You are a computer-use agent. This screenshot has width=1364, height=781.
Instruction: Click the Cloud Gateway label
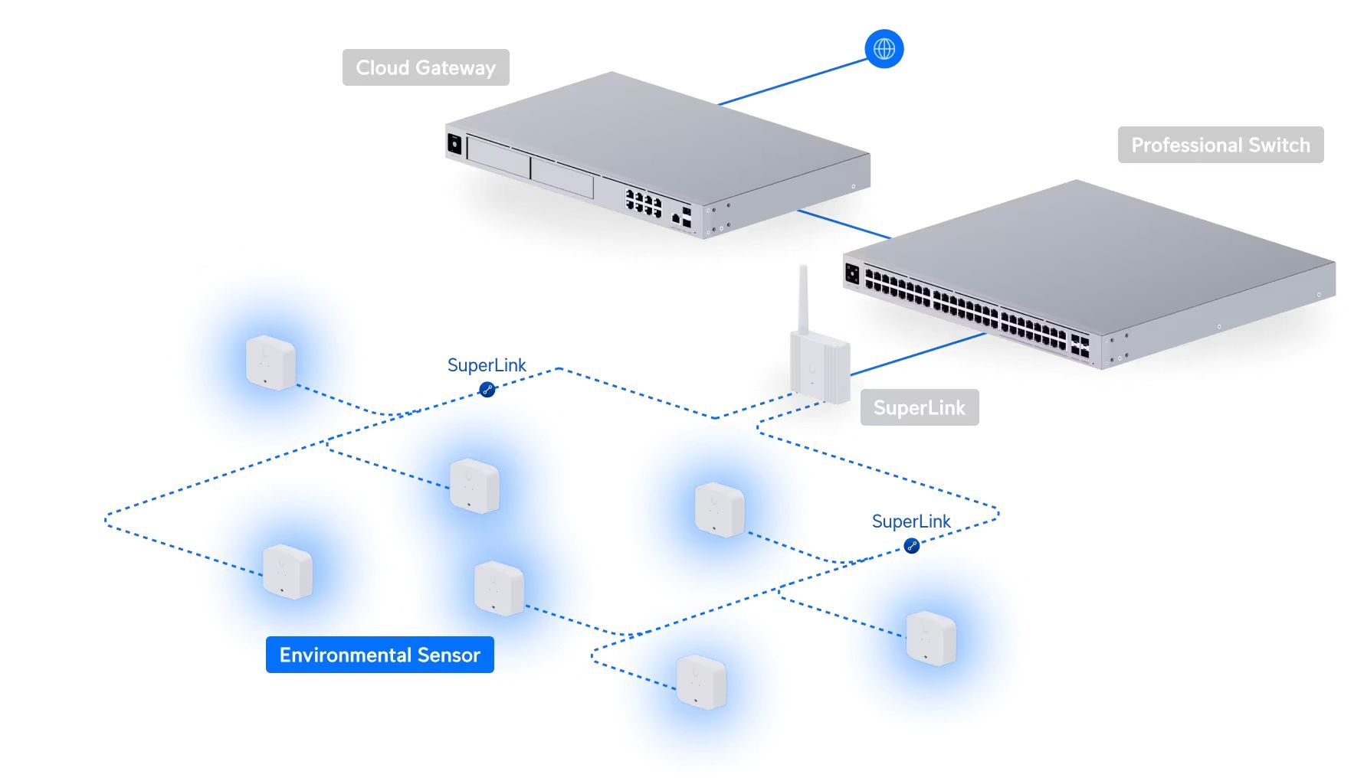click(425, 67)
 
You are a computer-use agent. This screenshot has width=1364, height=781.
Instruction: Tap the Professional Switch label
click(1220, 145)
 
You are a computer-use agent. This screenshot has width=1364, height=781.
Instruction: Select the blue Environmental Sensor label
click(379, 655)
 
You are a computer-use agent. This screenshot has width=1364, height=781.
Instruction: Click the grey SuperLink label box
click(919, 407)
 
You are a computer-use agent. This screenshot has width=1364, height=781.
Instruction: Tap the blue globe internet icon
click(884, 49)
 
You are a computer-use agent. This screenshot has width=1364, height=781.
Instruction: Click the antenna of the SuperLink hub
click(803, 299)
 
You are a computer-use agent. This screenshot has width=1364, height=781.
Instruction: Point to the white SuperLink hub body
click(820, 368)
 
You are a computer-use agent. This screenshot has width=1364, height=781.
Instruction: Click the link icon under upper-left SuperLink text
click(487, 390)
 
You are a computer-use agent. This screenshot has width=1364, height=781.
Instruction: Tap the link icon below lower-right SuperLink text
click(911, 546)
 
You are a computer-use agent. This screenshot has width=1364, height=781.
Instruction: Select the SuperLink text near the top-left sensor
click(487, 365)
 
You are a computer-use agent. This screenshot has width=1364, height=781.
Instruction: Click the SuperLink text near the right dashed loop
click(911, 521)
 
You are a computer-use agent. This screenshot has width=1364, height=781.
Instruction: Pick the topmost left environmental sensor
click(270, 362)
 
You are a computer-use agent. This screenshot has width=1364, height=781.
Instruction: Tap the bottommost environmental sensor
click(701, 681)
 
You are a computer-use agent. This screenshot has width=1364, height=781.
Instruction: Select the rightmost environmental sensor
click(931, 637)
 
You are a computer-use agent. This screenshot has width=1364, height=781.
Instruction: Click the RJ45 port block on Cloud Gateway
click(644, 203)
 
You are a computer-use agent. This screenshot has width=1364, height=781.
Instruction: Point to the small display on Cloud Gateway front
click(454, 144)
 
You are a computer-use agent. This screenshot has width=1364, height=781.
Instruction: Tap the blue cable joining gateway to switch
click(843, 224)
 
